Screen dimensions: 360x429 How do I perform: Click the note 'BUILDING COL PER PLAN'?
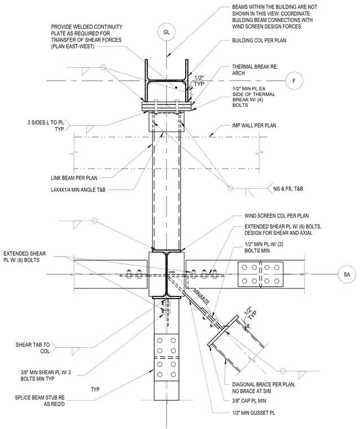(259, 41)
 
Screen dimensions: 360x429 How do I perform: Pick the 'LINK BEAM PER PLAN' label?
(74, 178)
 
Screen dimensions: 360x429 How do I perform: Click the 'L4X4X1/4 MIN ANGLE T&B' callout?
(78, 189)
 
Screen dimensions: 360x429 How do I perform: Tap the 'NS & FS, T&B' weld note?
(288, 189)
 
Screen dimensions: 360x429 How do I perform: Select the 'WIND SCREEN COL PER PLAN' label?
(276, 216)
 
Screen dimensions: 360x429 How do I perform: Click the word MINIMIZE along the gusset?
(201, 297)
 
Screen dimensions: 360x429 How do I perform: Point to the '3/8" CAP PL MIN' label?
(249, 401)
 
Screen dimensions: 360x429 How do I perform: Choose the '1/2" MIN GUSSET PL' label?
(253, 413)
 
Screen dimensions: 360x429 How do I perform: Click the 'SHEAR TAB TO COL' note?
(33, 348)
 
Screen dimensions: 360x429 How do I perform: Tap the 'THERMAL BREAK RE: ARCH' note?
(255, 70)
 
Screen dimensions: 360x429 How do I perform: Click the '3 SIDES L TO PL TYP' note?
(45, 126)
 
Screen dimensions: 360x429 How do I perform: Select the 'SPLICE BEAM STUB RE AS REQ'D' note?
(40, 401)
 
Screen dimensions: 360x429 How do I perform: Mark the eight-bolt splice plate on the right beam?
(261, 274)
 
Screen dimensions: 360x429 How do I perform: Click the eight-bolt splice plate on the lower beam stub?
(166, 357)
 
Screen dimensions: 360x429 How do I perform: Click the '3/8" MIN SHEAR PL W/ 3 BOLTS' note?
(46, 375)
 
